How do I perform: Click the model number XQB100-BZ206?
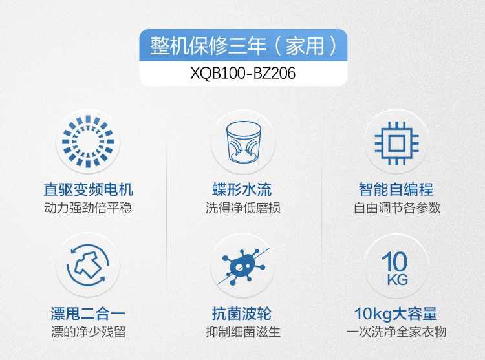(x=242, y=73)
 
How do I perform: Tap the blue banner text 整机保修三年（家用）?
(x=243, y=46)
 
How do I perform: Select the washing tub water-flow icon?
(x=243, y=142)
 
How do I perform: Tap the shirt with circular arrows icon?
(x=88, y=265)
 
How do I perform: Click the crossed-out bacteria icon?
(x=243, y=266)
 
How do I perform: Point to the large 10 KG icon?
(x=395, y=268)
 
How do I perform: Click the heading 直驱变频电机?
(x=88, y=189)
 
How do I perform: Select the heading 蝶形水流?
(x=242, y=189)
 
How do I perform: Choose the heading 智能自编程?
(x=396, y=189)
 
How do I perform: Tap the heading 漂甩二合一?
(x=88, y=313)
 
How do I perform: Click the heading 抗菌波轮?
(x=242, y=313)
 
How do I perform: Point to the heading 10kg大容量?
(x=396, y=313)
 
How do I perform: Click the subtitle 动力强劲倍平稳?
(x=88, y=207)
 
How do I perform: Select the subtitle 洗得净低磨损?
(x=243, y=207)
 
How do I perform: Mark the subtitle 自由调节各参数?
(x=397, y=207)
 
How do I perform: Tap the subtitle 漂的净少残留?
(x=89, y=332)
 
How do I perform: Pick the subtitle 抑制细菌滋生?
(x=243, y=332)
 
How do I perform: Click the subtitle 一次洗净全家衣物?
(x=396, y=332)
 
